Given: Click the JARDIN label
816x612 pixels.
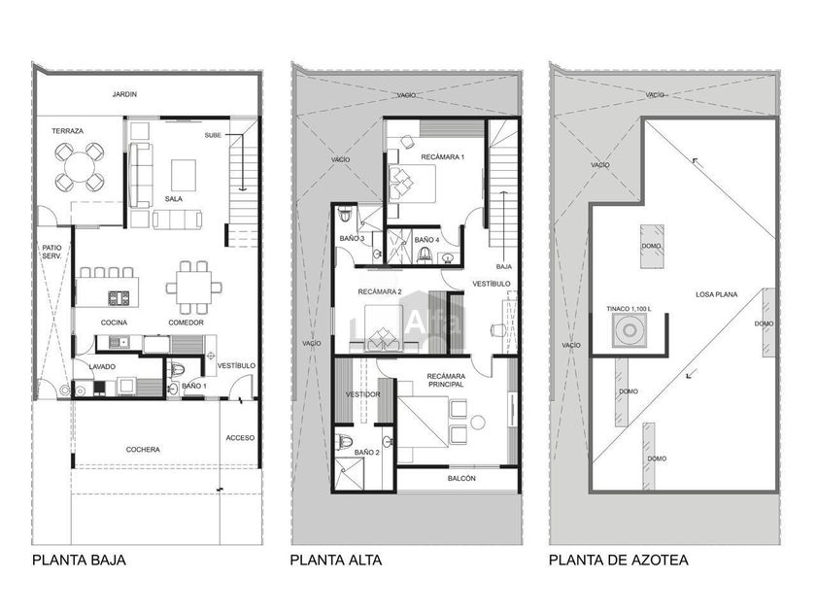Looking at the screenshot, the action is point(124,94).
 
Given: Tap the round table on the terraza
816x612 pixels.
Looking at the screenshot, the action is point(80,166).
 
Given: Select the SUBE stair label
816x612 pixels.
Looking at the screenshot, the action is point(213,135).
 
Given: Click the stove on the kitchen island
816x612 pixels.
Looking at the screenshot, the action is point(119,298).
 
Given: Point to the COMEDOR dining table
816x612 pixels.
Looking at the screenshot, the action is point(193,288).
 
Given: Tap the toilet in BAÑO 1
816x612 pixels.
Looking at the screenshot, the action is point(178,370).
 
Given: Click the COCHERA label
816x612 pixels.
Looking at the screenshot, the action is point(143,449).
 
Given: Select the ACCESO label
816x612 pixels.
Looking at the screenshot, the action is point(240,438).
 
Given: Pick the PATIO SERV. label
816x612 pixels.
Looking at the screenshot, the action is point(52,252).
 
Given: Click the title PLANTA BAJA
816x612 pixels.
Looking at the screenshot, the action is point(79,560).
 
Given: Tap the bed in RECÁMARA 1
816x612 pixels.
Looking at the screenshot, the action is point(412,184).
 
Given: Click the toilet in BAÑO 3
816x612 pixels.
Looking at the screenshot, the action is point(345,215).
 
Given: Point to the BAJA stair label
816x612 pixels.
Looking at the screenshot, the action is point(504,266).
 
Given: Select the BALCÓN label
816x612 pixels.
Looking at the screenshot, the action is point(461,478).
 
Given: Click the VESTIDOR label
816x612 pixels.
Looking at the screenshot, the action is point(363,394).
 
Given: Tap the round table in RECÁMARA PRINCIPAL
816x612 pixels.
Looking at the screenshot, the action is point(477,422).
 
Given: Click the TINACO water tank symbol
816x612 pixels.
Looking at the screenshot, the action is point(629,330).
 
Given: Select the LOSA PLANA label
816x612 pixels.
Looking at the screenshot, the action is point(717,294).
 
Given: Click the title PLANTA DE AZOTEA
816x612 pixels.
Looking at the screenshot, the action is point(619,560).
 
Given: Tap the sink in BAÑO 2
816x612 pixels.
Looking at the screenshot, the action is point(388,442).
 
